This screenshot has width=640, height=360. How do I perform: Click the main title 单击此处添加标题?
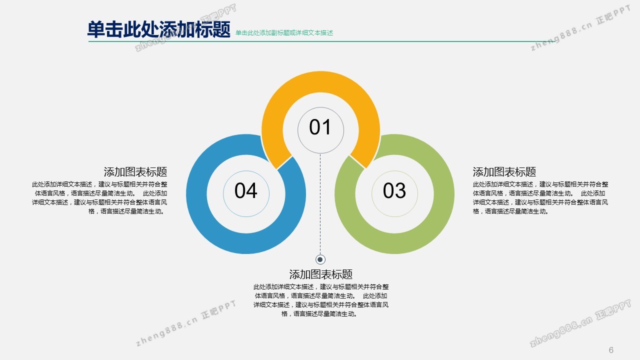[158, 29]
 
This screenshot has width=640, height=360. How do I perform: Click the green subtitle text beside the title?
[284, 33]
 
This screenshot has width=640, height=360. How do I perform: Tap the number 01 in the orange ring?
[320, 127]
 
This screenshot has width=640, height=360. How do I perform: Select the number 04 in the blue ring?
[245, 190]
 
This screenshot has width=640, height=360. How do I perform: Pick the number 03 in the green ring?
[394, 190]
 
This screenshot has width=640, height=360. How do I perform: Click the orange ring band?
[320, 82]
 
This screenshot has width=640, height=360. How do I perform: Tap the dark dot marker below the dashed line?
[320, 259]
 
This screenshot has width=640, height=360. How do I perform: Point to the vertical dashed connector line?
[320, 204]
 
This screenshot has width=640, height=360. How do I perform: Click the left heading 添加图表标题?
[135, 172]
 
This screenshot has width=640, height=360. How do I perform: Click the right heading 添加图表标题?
[504, 172]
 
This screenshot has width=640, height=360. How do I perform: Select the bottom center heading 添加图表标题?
[321, 274]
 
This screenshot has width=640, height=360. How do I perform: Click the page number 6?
[611, 350]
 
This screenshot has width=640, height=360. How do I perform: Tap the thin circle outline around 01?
[320, 107]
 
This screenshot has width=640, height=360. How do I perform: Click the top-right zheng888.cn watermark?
[580, 28]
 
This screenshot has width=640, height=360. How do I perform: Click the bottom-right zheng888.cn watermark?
[580, 323]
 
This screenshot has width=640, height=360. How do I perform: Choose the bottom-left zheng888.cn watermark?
[185, 323]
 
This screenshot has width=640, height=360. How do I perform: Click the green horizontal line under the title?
[322, 41]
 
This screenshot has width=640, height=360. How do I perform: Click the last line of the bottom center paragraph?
[319, 314]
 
